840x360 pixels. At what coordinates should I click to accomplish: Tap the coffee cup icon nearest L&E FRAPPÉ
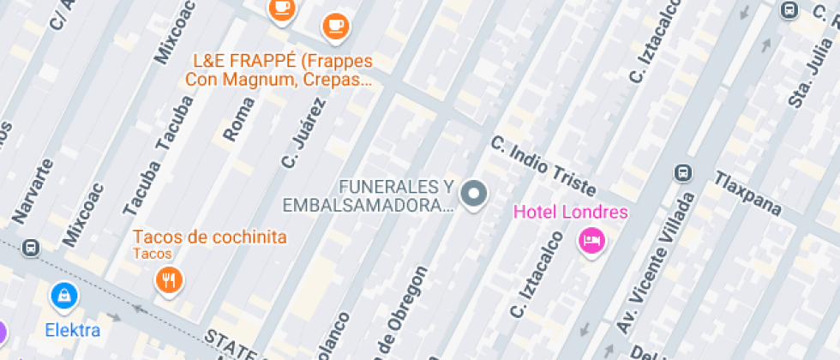335,25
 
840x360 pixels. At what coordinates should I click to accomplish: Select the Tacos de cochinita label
210,237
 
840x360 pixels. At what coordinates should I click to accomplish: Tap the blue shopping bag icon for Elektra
63,297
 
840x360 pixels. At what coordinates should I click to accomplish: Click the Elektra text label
73,330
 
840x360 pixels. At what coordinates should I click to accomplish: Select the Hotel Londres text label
570,213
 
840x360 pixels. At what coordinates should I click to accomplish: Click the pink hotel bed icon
591,240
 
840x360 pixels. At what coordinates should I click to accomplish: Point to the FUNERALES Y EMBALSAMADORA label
369,195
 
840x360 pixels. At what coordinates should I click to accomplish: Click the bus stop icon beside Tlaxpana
683,173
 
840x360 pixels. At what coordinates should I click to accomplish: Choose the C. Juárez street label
303,133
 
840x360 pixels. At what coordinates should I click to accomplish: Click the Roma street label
238,118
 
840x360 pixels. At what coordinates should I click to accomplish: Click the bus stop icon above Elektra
31,247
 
